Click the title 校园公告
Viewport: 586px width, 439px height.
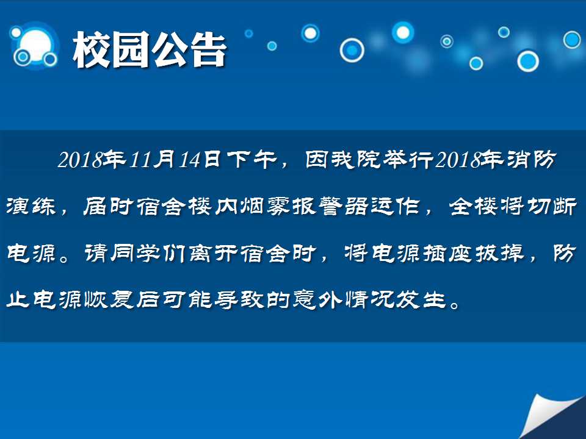pyautogui.click(x=150, y=49)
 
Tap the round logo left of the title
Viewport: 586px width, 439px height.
pyautogui.click(x=34, y=46)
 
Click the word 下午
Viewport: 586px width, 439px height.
pyautogui.click(x=252, y=159)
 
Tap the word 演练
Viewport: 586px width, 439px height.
pyautogui.click(x=31, y=207)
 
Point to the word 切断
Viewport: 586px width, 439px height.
pyautogui.click(x=552, y=207)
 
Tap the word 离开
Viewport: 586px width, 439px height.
pyautogui.click(x=214, y=254)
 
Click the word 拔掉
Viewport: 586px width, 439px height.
pyautogui.click(x=499, y=254)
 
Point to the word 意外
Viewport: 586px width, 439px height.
pyautogui.click(x=317, y=300)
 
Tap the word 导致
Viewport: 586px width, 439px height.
pyautogui.click(x=239, y=300)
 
